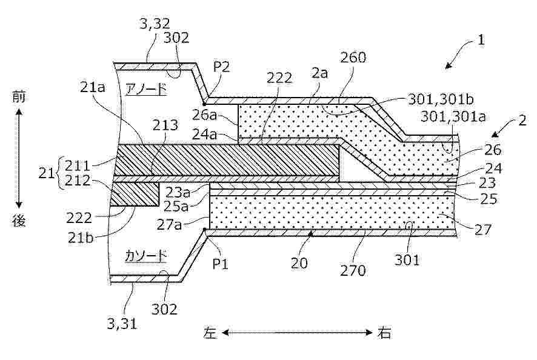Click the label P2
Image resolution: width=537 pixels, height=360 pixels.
pyautogui.click(x=222, y=67)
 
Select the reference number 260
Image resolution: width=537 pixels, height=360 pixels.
pyautogui.click(x=353, y=58)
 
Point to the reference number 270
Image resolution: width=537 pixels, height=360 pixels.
pyautogui.click(x=353, y=270)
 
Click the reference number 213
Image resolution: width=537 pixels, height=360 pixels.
pyautogui.click(x=165, y=125)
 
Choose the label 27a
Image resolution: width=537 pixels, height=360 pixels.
pyautogui.click(x=169, y=225)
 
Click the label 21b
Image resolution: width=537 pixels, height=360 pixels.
pyautogui.click(x=81, y=237)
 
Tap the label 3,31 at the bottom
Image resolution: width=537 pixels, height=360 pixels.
pyautogui.click(x=122, y=324)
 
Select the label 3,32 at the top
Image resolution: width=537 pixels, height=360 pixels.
pyautogui.click(x=155, y=23)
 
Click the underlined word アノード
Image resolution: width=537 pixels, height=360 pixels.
pyautogui.click(x=146, y=90)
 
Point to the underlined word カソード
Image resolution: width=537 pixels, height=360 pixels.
pyautogui.click(x=146, y=256)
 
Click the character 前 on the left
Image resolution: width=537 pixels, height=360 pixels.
pyautogui.click(x=19, y=97)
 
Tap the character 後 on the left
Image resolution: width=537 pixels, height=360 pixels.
pyautogui.click(x=19, y=221)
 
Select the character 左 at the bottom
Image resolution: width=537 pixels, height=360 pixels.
pyautogui.click(x=210, y=332)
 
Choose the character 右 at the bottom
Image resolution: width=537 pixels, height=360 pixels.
pyautogui.click(x=384, y=332)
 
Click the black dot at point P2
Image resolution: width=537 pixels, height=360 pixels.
pyautogui.click(x=204, y=103)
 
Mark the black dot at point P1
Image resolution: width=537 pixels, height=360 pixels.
pyautogui.click(x=205, y=229)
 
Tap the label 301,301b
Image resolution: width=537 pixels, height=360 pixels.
pyautogui.click(x=441, y=99)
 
